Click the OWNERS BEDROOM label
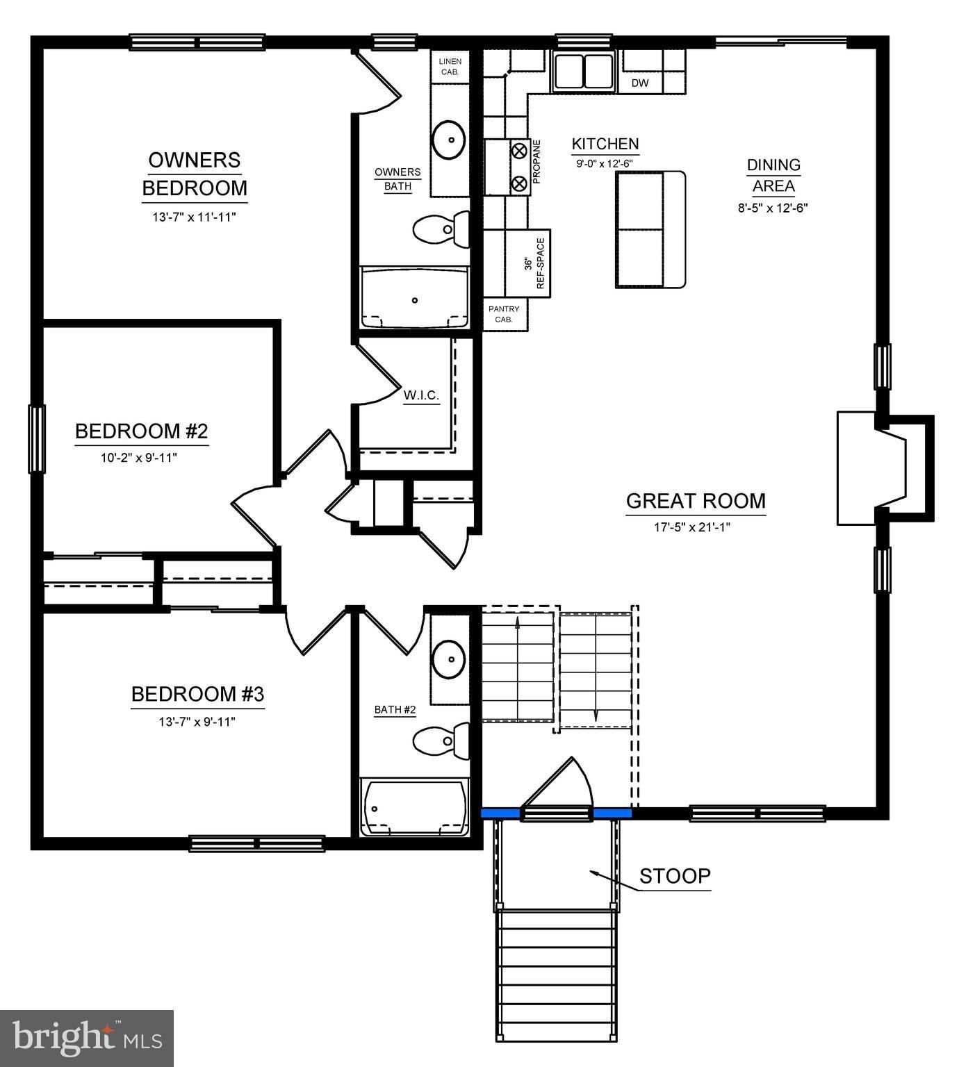click(x=195, y=174)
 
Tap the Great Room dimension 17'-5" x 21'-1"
click(x=691, y=527)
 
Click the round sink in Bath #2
click(x=448, y=656)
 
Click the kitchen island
click(x=650, y=229)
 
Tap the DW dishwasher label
click(x=640, y=83)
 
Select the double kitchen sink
click(x=584, y=70)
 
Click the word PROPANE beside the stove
click(x=536, y=162)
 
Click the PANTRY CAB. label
click(x=503, y=314)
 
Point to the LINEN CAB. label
click(x=450, y=66)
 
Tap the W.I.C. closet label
click(x=421, y=395)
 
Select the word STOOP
click(x=675, y=876)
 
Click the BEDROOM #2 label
click(x=141, y=431)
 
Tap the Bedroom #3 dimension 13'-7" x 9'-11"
click(x=197, y=722)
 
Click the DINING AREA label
click(x=773, y=175)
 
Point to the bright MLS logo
click(x=87, y=1038)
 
